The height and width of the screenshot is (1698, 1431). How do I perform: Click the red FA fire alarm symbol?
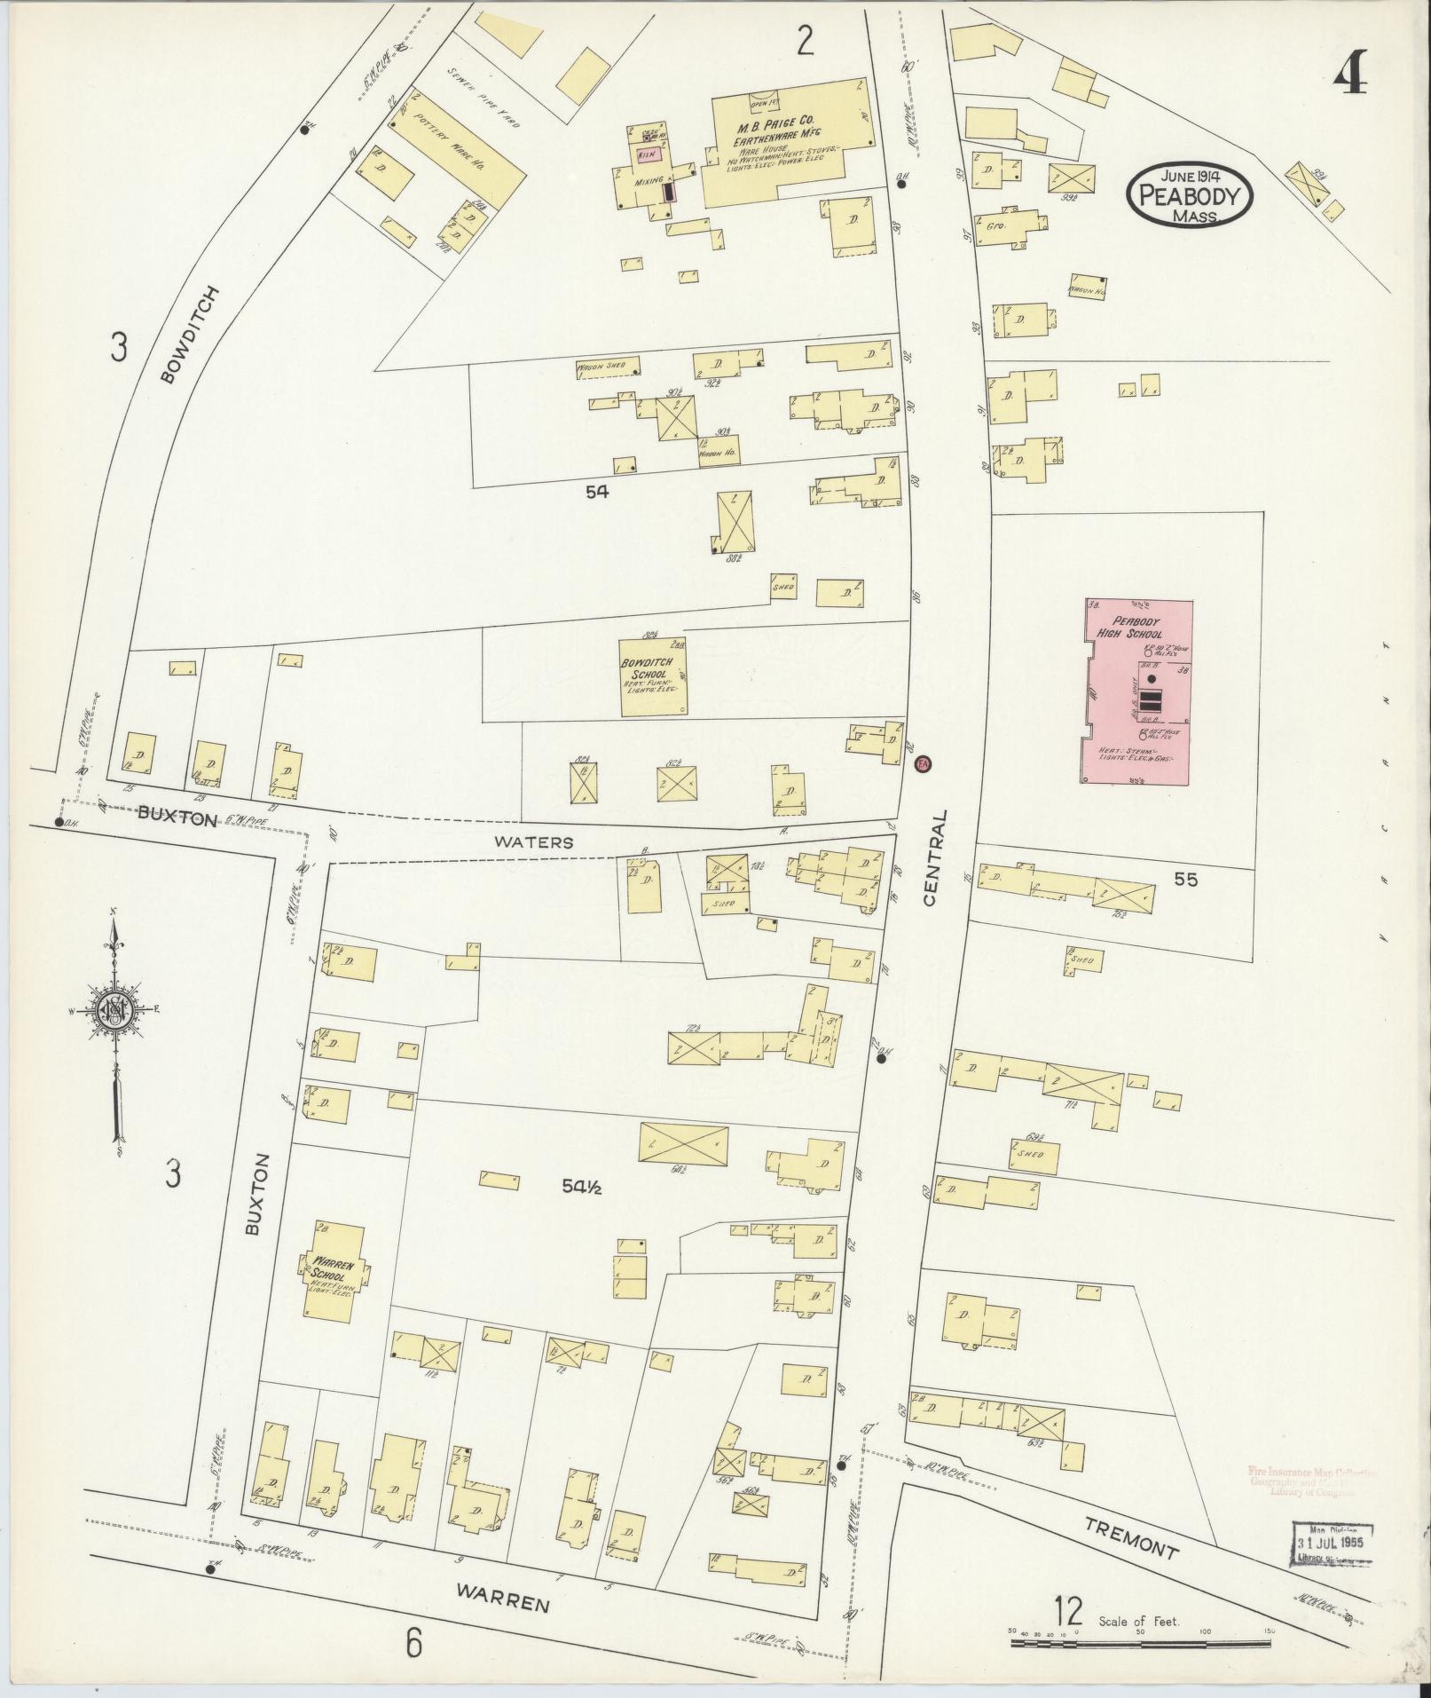(923, 762)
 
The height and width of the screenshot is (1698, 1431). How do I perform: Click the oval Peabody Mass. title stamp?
(1189, 193)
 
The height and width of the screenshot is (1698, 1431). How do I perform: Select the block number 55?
(1186, 880)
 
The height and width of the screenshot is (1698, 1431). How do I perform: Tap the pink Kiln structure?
(647, 154)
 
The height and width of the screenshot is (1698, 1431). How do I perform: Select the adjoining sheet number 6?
(413, 1644)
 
